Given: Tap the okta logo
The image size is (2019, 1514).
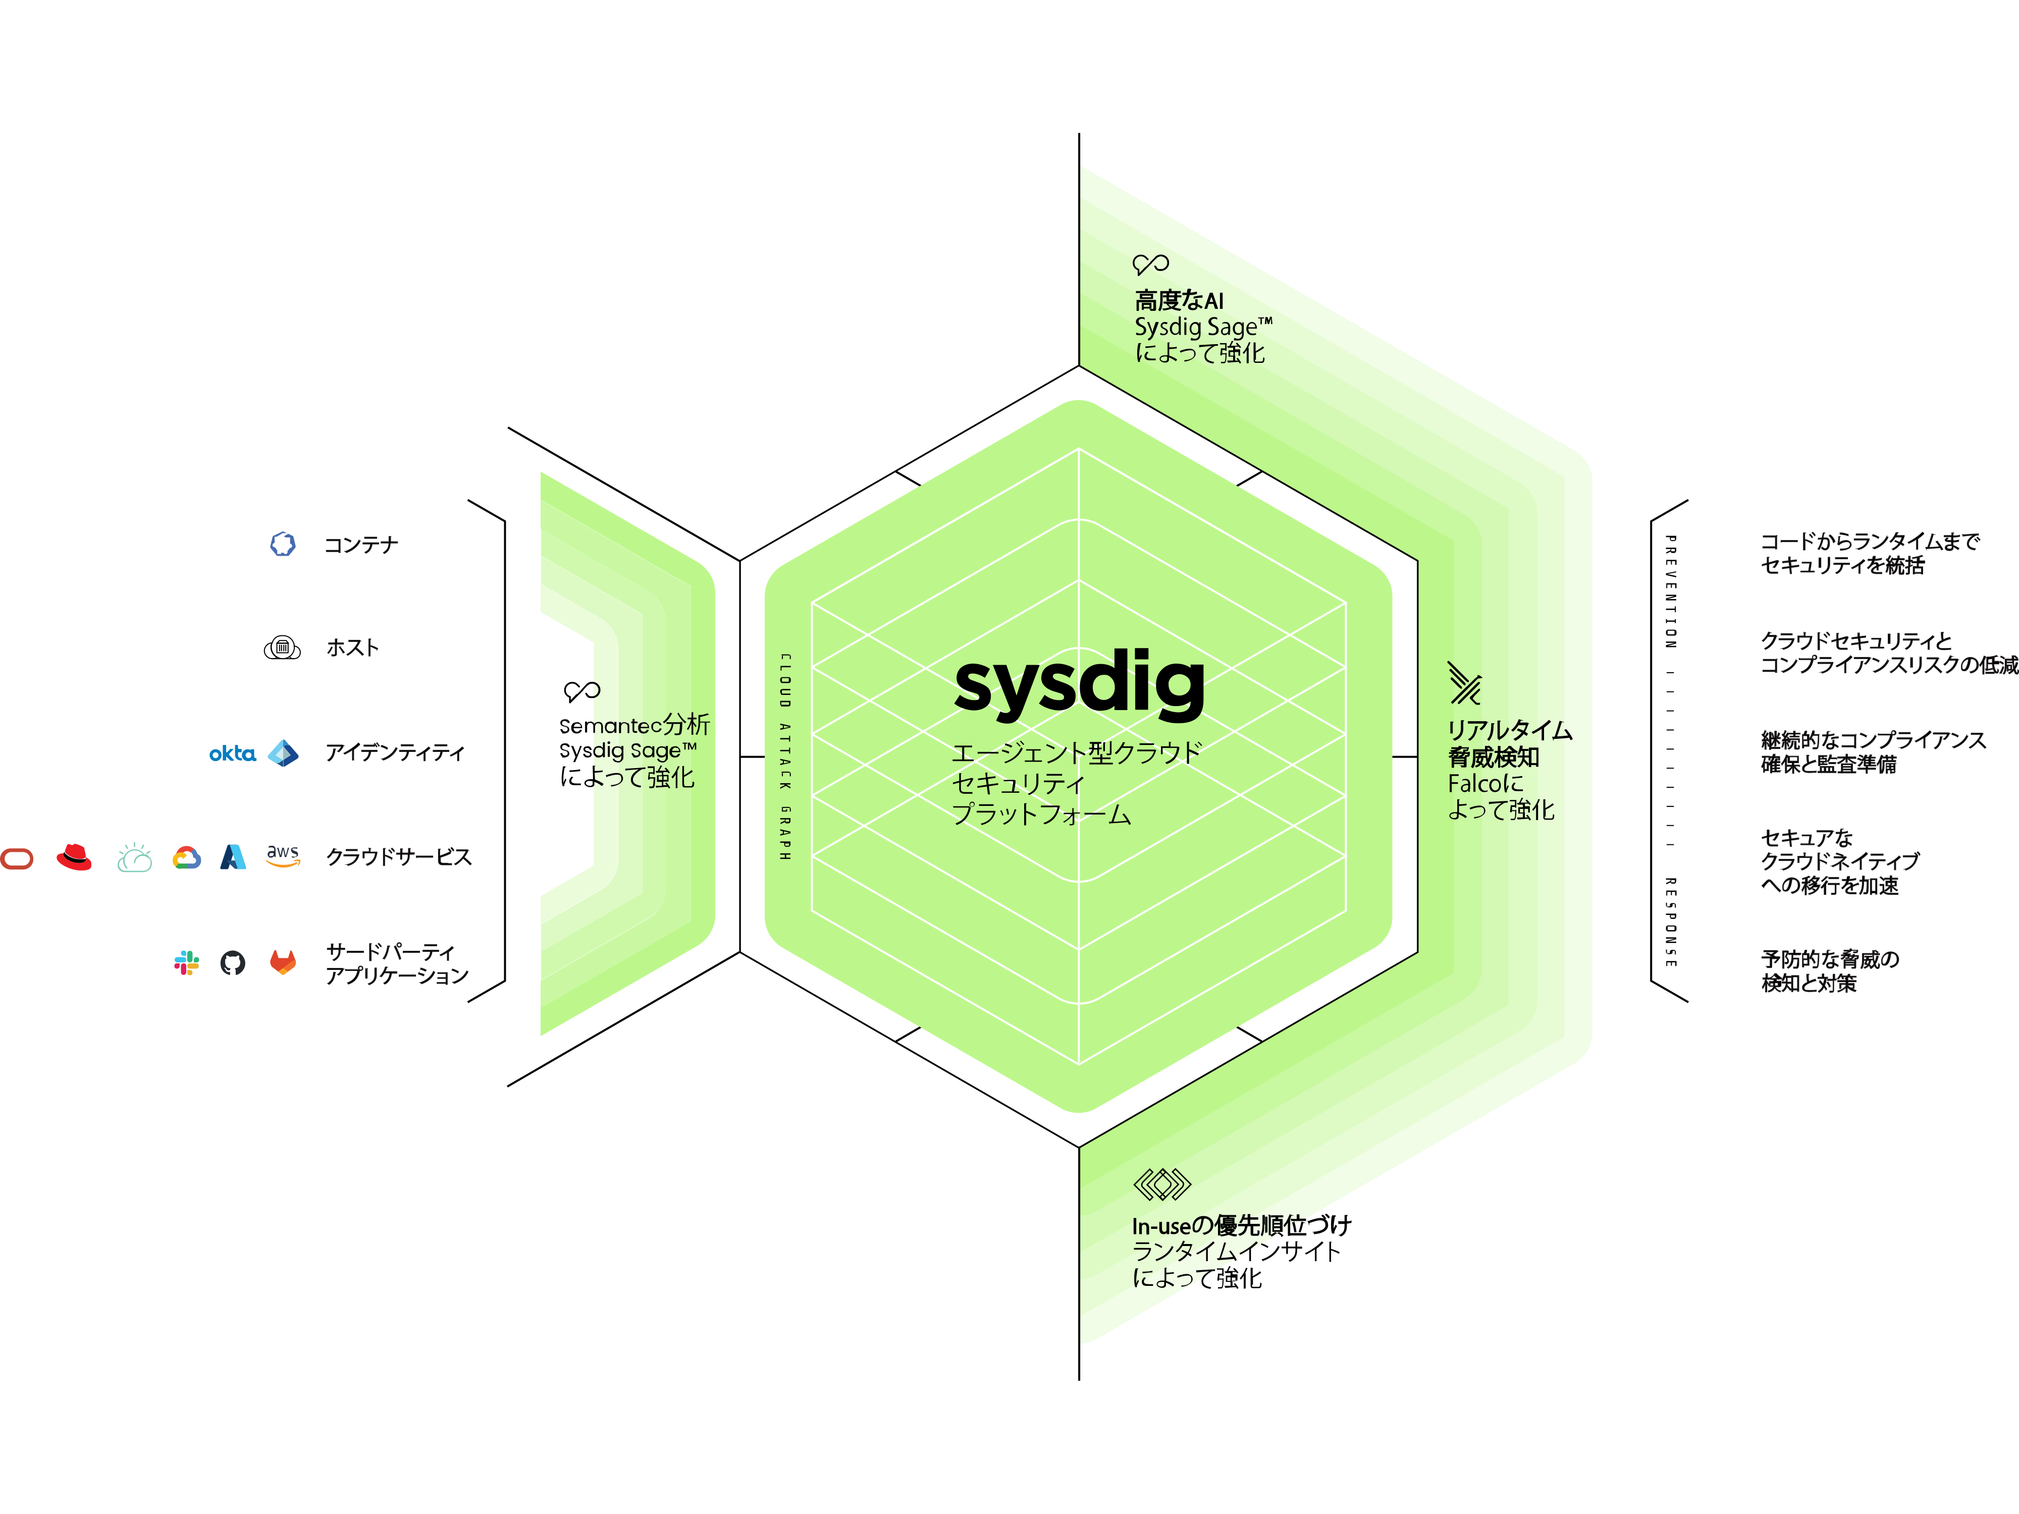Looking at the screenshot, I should click(232, 754).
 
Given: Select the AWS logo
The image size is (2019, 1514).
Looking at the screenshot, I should click(283, 856).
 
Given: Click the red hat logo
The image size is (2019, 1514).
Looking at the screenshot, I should click(74, 857).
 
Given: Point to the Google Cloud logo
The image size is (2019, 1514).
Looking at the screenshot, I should click(186, 858).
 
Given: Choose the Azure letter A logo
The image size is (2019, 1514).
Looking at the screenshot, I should click(234, 857).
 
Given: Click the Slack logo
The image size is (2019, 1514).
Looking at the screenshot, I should click(186, 963).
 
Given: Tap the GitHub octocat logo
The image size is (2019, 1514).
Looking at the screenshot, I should click(233, 963).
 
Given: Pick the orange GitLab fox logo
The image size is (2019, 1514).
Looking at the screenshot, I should click(283, 962).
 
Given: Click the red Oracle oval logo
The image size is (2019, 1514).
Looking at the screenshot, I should click(17, 859).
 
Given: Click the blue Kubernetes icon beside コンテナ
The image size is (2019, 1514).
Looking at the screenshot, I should click(283, 544).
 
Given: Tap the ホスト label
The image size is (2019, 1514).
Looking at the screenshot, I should click(352, 648).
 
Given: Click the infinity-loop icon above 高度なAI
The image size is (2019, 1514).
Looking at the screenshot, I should click(1150, 264).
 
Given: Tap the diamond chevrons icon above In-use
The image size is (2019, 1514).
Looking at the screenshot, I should click(1162, 1184).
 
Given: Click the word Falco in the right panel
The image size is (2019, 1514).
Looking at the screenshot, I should click(1474, 784).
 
